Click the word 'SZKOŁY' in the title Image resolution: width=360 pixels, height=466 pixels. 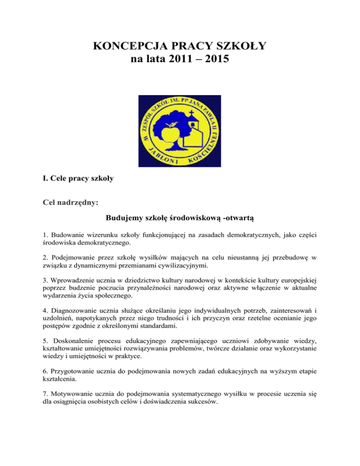[245, 47]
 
